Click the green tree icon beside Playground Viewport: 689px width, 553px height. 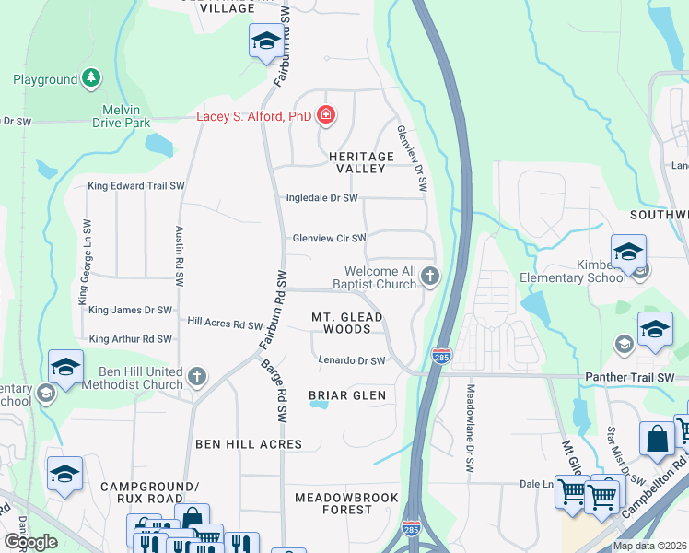(91, 79)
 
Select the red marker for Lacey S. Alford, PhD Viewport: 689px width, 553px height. (324, 116)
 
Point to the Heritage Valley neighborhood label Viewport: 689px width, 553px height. (361, 163)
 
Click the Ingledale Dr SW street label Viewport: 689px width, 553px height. (321, 198)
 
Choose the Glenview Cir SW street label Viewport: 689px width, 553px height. (329, 238)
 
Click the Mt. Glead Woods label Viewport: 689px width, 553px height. (346, 323)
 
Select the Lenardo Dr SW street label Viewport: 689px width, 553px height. (351, 361)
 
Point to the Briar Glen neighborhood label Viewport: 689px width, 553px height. (346, 395)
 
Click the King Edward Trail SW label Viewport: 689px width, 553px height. (136, 186)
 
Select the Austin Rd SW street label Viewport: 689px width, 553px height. (181, 253)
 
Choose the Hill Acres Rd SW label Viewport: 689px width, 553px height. (225, 323)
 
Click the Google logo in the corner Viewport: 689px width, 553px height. (31, 542)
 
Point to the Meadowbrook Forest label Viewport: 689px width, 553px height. (346, 503)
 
